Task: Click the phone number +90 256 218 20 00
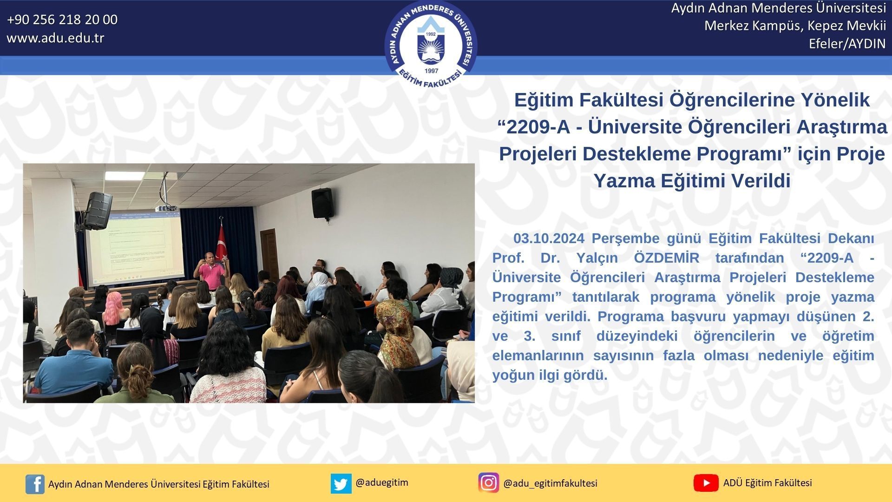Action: [x=62, y=20]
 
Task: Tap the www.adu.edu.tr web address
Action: [x=55, y=38]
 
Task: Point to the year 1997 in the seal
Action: [x=432, y=71]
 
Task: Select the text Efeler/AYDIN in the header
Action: [x=847, y=44]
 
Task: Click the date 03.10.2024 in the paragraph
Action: [x=549, y=238]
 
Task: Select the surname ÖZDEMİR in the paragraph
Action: [x=667, y=258]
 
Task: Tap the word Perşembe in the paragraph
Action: [x=624, y=239]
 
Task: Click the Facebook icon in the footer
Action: [x=35, y=484]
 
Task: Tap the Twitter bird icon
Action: [x=341, y=483]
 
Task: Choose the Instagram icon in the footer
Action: [x=488, y=483]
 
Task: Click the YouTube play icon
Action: [x=706, y=483]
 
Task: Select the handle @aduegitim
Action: [x=382, y=482]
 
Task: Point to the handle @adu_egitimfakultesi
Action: [x=550, y=483]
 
